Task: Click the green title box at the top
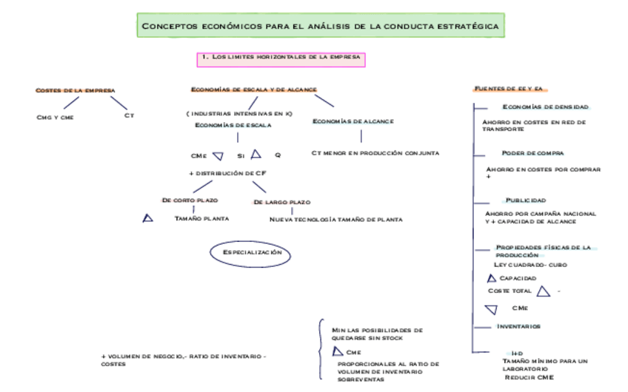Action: click(320, 26)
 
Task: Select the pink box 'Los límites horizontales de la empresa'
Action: click(281, 57)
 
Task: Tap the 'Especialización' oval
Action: click(252, 253)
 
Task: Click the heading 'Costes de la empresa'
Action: click(76, 90)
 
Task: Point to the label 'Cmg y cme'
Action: click(55, 117)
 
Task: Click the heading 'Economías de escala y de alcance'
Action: click(254, 89)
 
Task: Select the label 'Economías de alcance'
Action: click(353, 121)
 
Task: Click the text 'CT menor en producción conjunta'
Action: click(375, 153)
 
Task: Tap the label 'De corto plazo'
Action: click(190, 200)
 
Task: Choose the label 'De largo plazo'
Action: click(281, 202)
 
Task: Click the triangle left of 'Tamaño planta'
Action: click(148, 218)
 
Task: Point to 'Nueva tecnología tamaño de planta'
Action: click(335, 220)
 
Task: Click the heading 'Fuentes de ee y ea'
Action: click(509, 89)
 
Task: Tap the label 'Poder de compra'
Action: click(533, 153)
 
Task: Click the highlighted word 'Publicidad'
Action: click(526, 200)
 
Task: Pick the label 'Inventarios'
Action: click(518, 326)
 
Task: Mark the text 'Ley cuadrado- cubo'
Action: click(530, 264)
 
